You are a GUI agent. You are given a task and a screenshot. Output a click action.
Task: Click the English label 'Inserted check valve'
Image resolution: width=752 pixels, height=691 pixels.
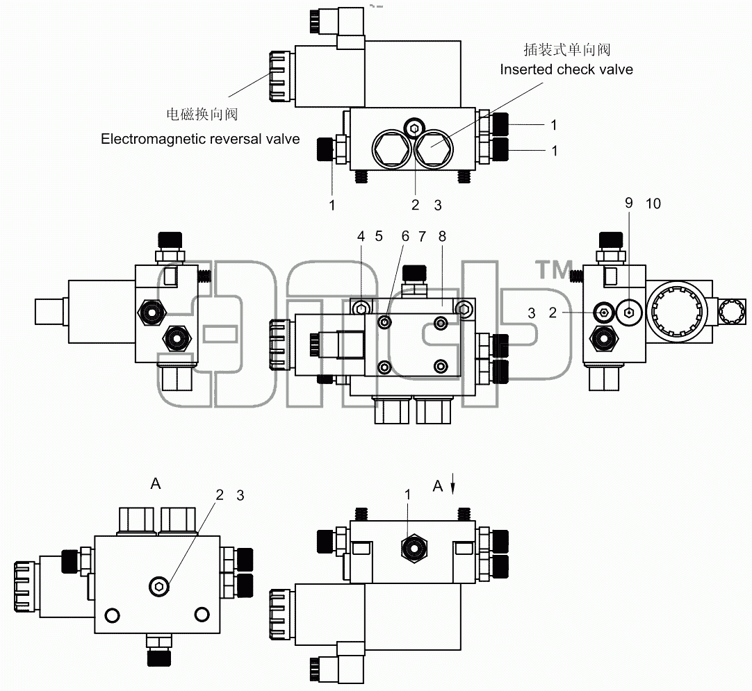coord(566,69)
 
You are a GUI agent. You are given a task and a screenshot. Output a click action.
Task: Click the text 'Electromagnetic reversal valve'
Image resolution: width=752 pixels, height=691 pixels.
coord(200,139)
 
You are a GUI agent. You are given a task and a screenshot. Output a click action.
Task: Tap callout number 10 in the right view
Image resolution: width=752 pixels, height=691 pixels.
coord(653,203)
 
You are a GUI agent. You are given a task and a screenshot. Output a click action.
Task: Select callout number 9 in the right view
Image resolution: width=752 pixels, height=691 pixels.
coord(629,203)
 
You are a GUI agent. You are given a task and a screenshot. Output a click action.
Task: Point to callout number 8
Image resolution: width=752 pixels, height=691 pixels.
coord(442,236)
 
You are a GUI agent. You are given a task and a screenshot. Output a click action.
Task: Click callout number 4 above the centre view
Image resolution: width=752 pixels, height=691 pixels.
coord(361,236)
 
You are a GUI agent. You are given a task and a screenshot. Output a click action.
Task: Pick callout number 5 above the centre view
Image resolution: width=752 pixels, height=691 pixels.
coord(379,236)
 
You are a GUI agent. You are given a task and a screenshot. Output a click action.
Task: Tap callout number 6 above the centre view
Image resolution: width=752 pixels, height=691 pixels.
coord(406,236)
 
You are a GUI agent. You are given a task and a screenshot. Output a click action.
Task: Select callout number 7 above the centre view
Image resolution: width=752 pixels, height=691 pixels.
coord(422,236)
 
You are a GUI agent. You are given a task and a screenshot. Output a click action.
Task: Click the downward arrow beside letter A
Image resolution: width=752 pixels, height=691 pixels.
coord(452,484)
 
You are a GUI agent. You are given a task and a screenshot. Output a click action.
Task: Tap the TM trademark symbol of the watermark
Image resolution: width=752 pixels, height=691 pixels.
coord(554,269)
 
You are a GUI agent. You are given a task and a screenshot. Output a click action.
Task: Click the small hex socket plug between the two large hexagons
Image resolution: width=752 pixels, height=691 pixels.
coord(414,128)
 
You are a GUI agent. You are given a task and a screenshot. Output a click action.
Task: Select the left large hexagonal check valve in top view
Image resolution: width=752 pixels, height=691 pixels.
coord(392,149)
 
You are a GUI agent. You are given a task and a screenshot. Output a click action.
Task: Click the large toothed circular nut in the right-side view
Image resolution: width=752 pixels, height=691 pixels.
coord(676,311)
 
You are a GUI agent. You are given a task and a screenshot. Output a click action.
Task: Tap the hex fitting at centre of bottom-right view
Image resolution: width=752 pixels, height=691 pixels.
coord(414,547)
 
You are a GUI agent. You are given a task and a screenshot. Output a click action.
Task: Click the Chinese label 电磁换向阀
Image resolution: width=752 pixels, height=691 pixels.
coord(202,114)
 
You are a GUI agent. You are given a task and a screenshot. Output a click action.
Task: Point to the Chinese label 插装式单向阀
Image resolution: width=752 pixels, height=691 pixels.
coord(567,49)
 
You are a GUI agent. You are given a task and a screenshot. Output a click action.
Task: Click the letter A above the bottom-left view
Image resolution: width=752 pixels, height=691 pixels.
coord(156,484)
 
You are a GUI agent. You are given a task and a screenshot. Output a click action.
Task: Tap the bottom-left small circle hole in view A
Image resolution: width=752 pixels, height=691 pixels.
coord(112,615)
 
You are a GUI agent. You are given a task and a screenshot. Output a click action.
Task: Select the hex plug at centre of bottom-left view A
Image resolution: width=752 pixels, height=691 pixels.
coord(159,586)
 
